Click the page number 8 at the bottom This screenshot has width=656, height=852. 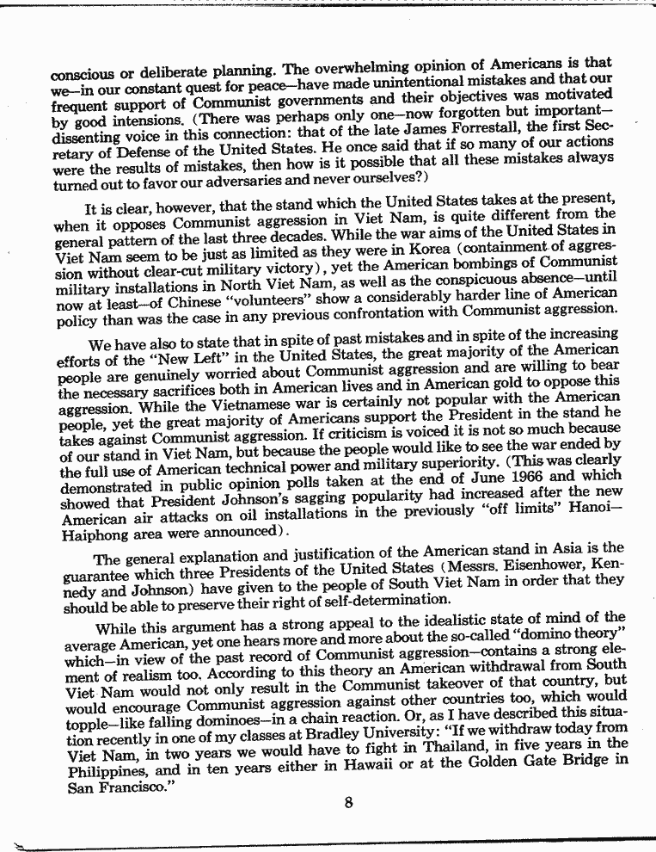pyautogui.click(x=348, y=804)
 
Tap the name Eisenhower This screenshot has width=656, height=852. pyautogui.click(x=536, y=567)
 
